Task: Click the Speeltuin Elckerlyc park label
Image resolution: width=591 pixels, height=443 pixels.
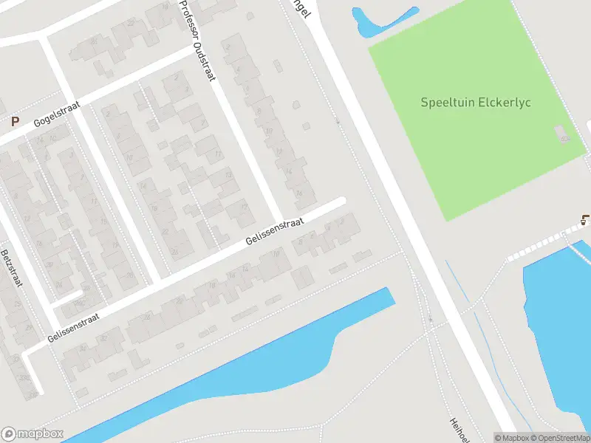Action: tap(476, 103)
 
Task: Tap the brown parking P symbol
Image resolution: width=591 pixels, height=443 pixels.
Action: tap(13, 121)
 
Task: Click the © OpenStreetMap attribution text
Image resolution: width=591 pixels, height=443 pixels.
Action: tap(560, 437)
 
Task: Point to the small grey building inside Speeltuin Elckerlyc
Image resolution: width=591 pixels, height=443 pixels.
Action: tap(564, 135)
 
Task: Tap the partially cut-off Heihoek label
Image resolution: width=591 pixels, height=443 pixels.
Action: tap(459, 430)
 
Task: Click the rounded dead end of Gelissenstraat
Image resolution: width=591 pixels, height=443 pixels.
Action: tap(341, 200)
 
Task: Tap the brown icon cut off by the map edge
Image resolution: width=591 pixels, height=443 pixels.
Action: tap(586, 219)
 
